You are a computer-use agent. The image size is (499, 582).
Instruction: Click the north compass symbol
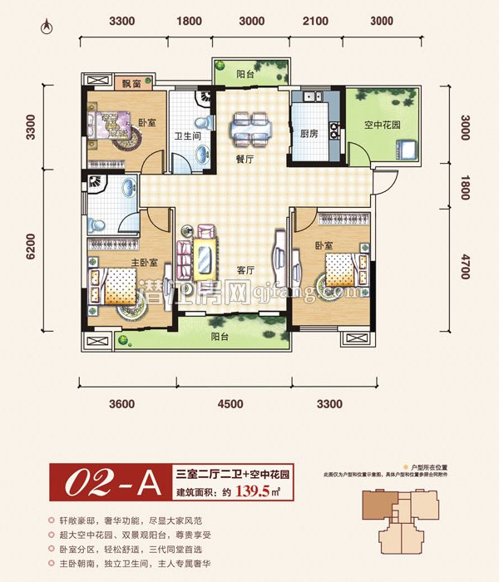point(47,27)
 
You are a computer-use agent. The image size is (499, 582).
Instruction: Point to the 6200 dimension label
point(32,247)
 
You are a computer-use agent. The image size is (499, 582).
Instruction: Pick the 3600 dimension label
point(121,404)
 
